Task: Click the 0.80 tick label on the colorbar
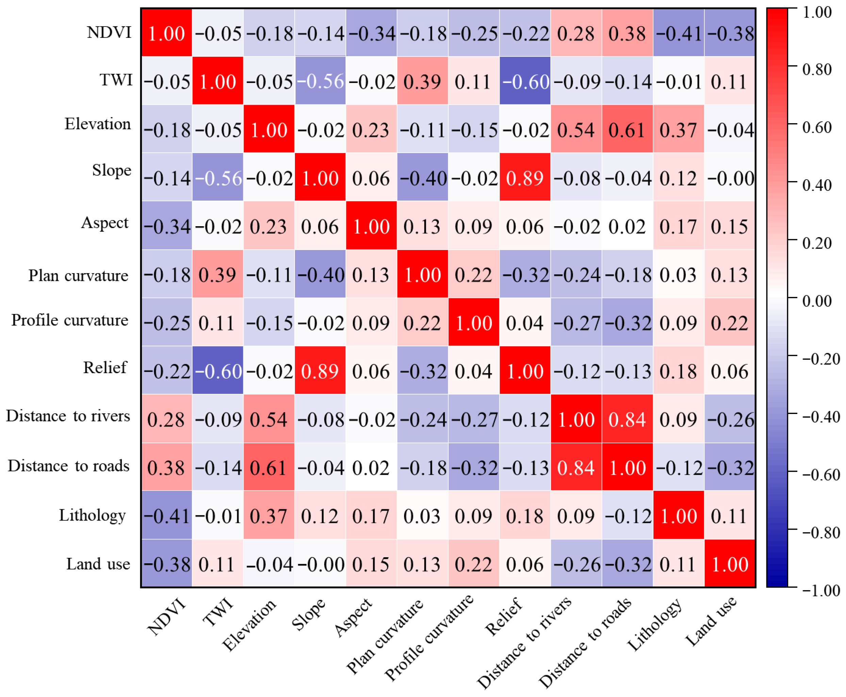pyautogui.click(x=817, y=69)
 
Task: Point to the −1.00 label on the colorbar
pyautogui.click(x=821, y=590)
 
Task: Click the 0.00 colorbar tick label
pyautogui.click(x=817, y=301)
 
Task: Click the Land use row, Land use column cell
pyautogui.click(x=729, y=563)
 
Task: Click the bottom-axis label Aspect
pyautogui.click(x=353, y=617)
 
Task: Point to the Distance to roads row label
pyautogui.click(x=69, y=466)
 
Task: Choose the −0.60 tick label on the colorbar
pyautogui.click(x=821, y=475)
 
